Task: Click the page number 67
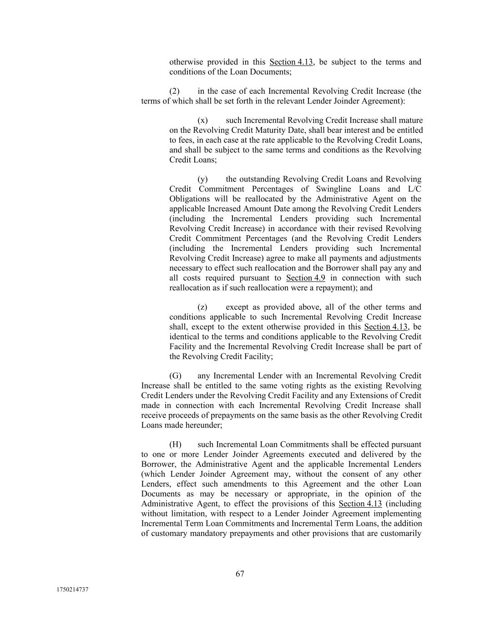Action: point(240,574)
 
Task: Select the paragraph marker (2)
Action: point(174,91)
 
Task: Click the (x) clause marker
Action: point(202,121)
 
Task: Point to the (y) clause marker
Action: point(202,179)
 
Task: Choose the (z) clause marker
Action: point(202,307)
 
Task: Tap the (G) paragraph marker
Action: point(175,376)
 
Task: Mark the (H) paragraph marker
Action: point(175,444)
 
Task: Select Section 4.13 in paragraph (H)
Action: point(360,504)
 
